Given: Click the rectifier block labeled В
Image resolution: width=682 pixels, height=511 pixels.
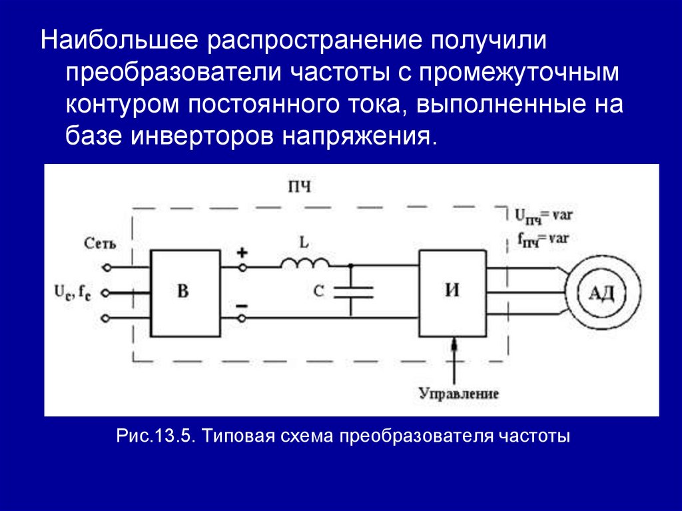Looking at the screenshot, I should pos(185,292).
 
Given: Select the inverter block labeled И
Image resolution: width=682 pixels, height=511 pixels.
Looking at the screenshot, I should pos(452,292).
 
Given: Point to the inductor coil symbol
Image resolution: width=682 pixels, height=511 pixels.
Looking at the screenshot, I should pos(304,263).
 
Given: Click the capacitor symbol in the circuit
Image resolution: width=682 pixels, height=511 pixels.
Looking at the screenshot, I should pos(351,290).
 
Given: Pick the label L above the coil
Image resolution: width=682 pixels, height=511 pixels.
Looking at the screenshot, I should pos(304,243).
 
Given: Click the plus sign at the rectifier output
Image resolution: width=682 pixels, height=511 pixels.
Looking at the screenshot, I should pos(242,253).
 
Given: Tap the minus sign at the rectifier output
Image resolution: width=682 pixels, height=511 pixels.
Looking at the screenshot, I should pos(242,306).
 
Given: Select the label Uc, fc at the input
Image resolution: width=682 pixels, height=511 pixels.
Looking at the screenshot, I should pos(74,292).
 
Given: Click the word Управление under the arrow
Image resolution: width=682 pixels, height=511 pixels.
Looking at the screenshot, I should pos(458,393).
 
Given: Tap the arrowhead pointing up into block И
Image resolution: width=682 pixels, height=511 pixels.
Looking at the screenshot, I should pos(454,344).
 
